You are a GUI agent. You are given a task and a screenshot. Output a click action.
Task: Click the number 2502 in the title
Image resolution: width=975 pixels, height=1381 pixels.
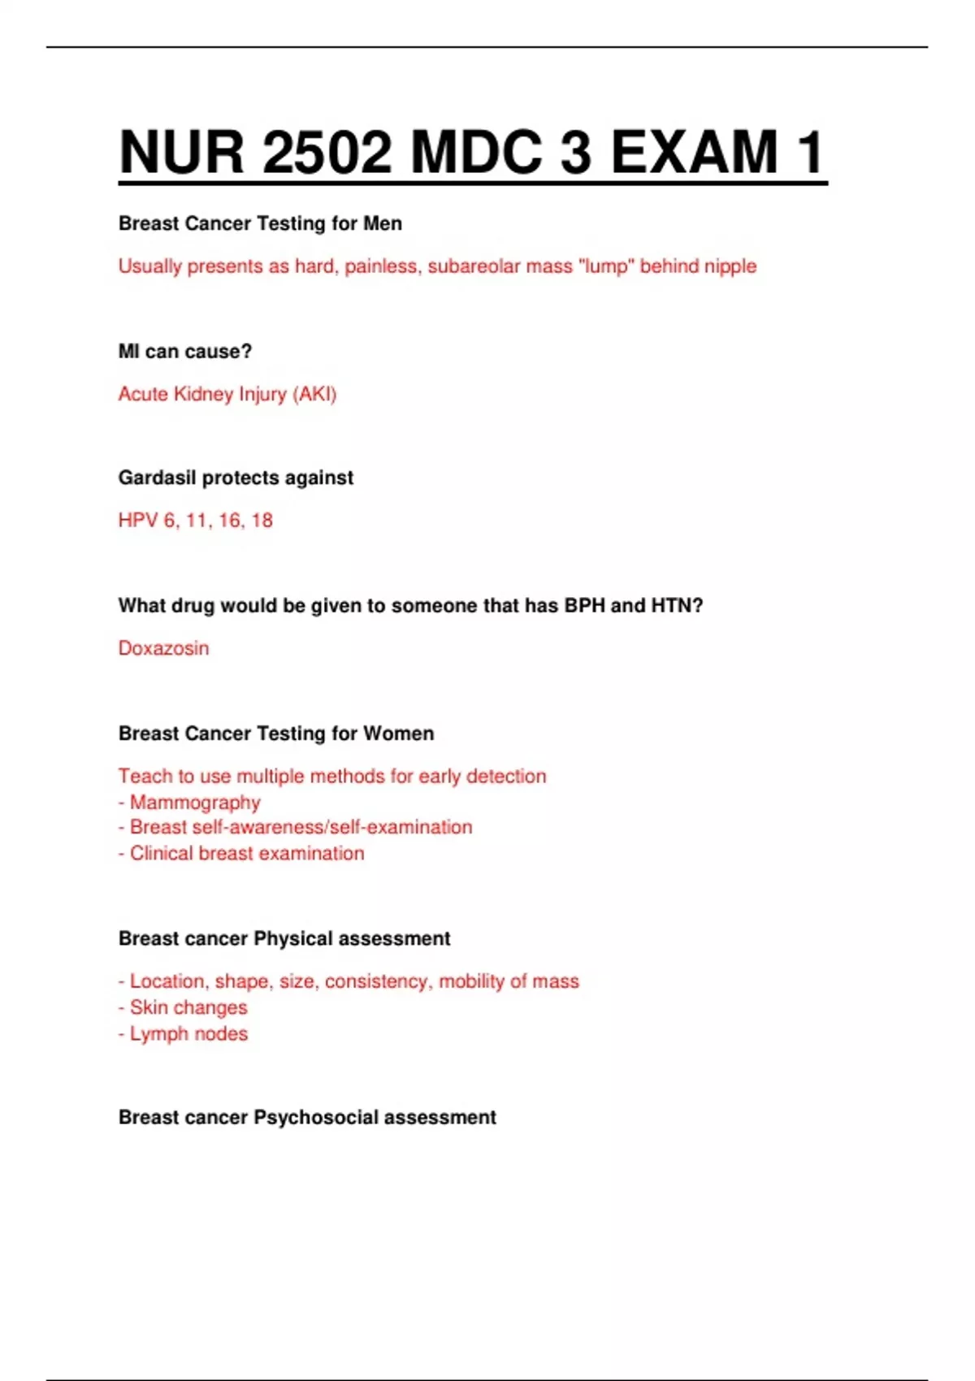pyautogui.click(x=327, y=152)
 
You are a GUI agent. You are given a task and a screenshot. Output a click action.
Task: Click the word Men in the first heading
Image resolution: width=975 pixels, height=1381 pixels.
pyautogui.click(x=382, y=223)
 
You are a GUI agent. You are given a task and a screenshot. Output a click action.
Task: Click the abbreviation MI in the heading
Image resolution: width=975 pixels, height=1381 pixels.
pyautogui.click(x=128, y=352)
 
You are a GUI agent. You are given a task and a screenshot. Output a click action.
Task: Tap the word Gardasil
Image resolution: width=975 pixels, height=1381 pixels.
pyautogui.click(x=157, y=478)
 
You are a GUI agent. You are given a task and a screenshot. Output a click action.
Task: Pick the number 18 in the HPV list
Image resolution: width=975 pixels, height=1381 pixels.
pyautogui.click(x=262, y=521)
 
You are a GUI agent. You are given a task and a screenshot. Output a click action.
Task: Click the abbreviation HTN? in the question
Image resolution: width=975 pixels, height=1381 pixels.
pyautogui.click(x=677, y=606)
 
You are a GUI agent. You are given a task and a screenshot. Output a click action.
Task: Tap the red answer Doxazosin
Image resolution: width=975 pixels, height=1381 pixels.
pyautogui.click(x=163, y=648)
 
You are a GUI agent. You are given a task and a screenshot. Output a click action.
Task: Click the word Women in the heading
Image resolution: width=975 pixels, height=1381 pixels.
pyautogui.click(x=398, y=734)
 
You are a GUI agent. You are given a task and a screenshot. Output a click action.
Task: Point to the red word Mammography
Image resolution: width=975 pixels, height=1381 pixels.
pyautogui.click(x=195, y=803)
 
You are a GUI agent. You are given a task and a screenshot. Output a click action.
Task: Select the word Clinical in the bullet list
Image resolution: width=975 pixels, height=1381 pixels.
pyautogui.click(x=162, y=854)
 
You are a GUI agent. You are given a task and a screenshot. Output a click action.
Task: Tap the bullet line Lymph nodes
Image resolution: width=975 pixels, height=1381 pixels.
pyautogui.click(x=188, y=1034)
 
